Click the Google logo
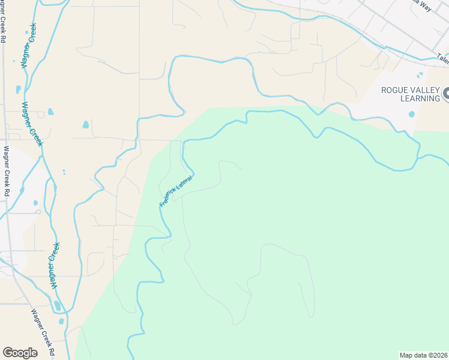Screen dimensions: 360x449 (x=20, y=353)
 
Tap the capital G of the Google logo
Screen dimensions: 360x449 (x=8, y=353)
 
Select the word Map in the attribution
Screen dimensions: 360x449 (x=406, y=355)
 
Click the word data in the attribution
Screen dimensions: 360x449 (x=420, y=355)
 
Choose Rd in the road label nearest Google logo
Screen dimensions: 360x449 (x=52, y=350)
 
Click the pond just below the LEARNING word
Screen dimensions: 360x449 (x=411, y=114)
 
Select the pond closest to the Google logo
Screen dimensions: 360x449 (x=61, y=322)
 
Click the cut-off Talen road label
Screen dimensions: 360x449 (x=442, y=58)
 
